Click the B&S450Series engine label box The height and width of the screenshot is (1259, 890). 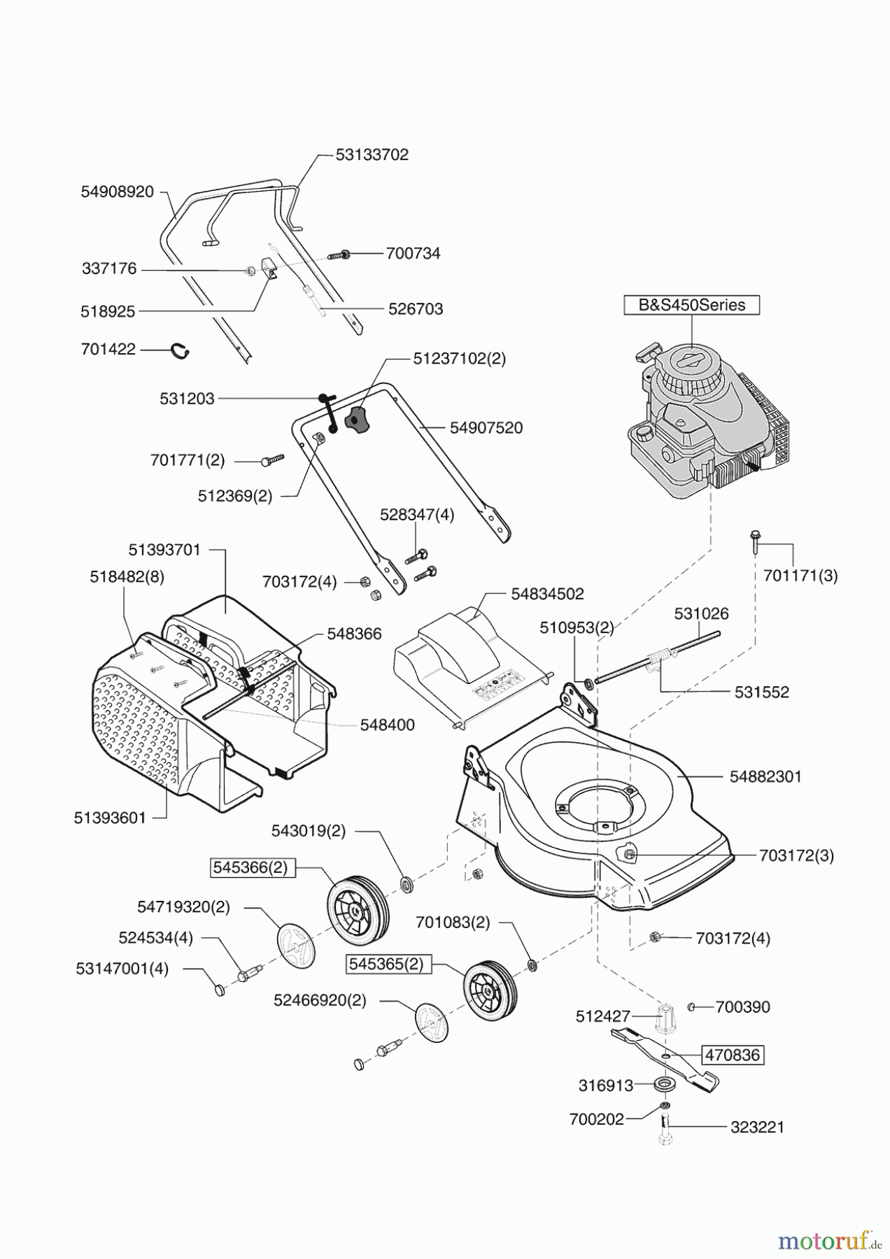pos(691,305)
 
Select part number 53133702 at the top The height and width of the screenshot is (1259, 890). pos(372,155)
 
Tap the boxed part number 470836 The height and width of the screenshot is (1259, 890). pos(732,1055)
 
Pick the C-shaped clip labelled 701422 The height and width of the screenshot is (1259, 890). pos(182,350)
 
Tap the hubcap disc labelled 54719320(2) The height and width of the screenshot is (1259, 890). pos(297,947)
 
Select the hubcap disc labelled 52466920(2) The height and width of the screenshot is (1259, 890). pos(431,1024)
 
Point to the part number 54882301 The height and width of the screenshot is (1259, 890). pos(765,776)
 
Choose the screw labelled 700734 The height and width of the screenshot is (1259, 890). pos(340,255)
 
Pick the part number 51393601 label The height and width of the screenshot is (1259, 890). pos(110,818)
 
